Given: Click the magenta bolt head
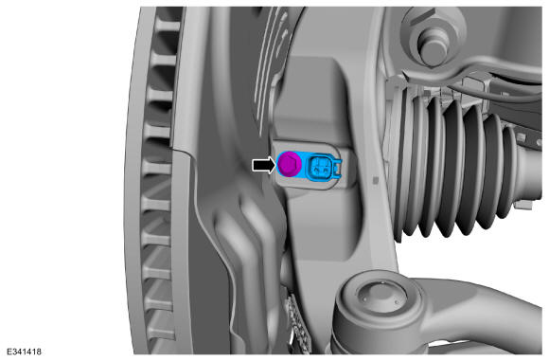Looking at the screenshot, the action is [289, 164].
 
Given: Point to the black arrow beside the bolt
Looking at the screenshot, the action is [264, 164].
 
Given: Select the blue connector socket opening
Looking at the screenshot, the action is [320, 166].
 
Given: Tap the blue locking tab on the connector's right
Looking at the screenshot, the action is [338, 167].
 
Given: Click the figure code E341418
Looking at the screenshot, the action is [24, 352].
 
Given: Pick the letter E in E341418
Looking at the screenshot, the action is [9, 352].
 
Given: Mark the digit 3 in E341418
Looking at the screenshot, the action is [13, 352].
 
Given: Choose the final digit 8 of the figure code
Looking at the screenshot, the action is [39, 352].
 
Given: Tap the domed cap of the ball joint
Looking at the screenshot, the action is [381, 297].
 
